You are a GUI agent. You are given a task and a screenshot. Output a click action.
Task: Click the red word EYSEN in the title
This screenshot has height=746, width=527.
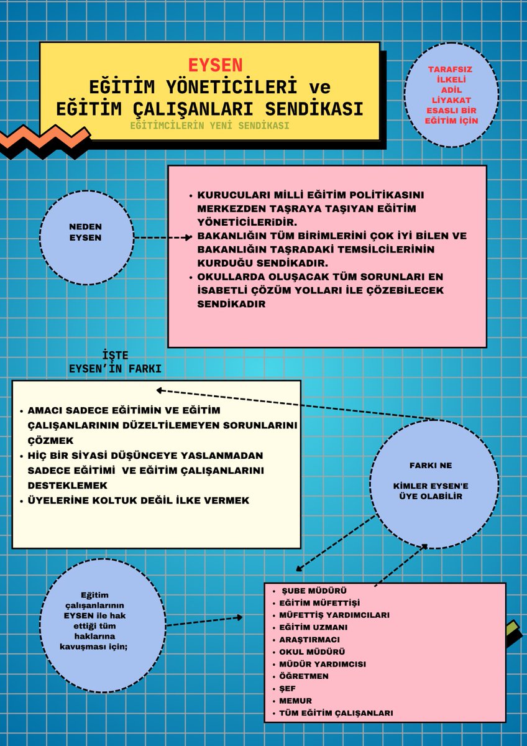pyautogui.click(x=216, y=65)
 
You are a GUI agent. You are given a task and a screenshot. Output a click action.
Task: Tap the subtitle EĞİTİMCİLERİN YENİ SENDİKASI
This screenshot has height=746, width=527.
pyautogui.click(x=209, y=126)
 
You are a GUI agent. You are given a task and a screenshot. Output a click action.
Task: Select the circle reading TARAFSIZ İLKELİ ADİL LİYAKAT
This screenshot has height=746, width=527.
pyautogui.click(x=452, y=94)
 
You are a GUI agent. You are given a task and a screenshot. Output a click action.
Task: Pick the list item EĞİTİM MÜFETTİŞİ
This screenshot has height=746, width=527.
pyautogui.click(x=319, y=602)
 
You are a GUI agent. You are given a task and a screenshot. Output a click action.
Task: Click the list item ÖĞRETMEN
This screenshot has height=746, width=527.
pyautogui.click(x=304, y=676)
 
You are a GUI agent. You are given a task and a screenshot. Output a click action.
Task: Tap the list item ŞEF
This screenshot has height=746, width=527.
pyautogui.click(x=286, y=688)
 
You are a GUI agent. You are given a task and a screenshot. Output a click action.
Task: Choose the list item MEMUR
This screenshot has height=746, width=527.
pyautogui.click(x=295, y=701)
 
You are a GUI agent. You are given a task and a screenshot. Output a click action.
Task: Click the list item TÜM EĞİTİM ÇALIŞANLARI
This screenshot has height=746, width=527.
pyautogui.click(x=336, y=713)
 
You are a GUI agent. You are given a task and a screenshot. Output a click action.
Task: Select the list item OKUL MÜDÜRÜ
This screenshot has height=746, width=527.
pyautogui.click(x=312, y=652)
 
